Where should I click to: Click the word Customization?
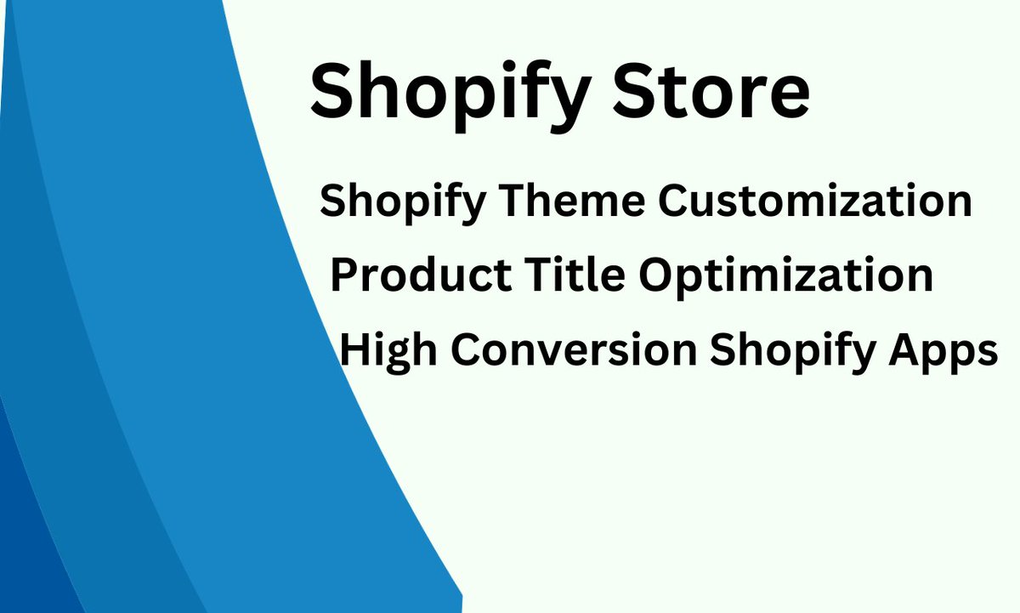click(x=815, y=201)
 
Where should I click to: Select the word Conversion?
click(x=575, y=349)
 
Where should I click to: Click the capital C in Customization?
click(x=675, y=201)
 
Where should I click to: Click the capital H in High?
click(x=356, y=349)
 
